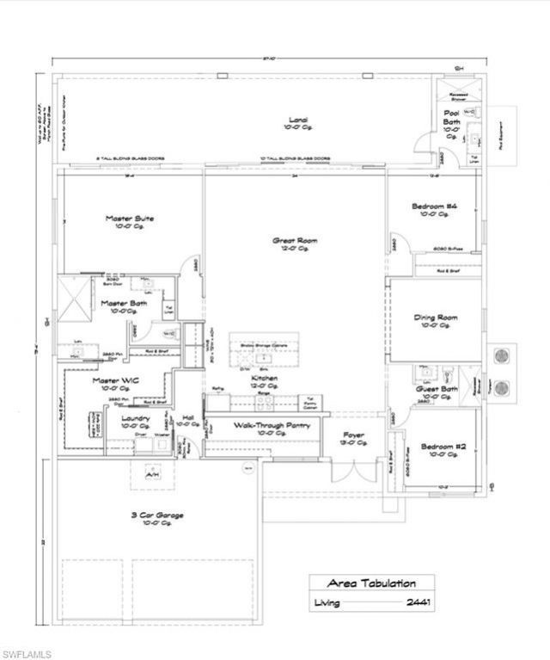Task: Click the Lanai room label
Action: click(298, 120)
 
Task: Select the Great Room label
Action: click(295, 241)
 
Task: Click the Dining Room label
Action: click(436, 317)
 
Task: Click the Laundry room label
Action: click(137, 418)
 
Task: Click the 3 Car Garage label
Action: click(157, 515)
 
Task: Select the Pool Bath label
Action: click(452, 118)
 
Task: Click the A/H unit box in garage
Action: click(152, 472)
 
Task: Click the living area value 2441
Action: click(417, 602)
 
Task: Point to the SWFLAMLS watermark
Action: click(26, 651)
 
